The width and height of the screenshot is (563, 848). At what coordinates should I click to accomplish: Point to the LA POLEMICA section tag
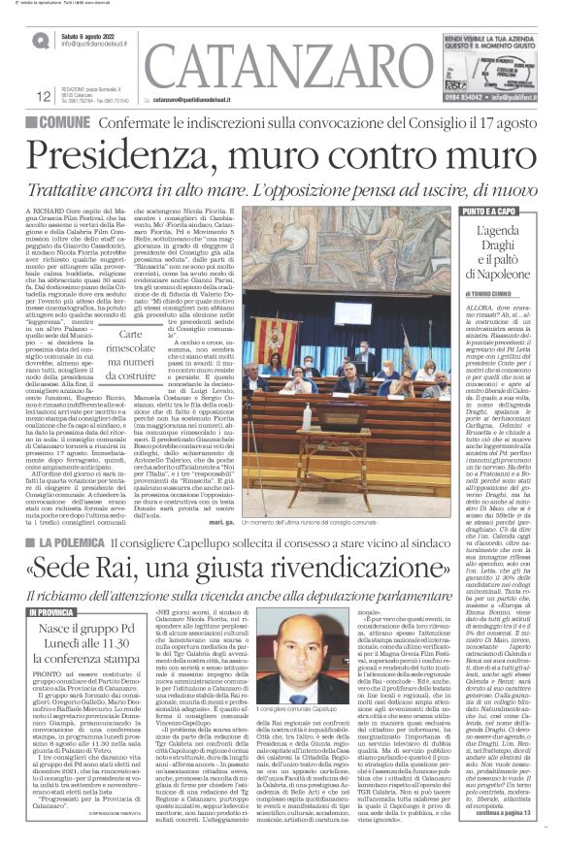pos(67,546)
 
